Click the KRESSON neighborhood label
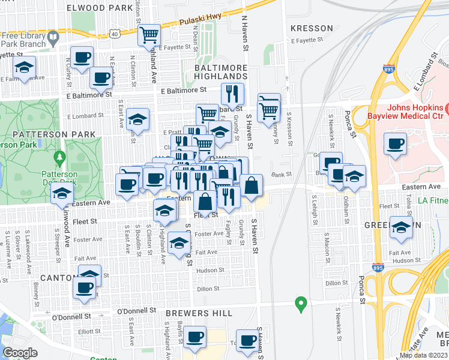tap(311, 28)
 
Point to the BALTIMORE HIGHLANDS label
tap(221, 73)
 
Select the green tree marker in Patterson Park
tap(59, 158)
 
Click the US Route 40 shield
tap(114, 34)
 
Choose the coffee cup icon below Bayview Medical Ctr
tap(396, 144)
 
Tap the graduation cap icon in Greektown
tap(402, 227)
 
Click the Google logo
tap(20, 353)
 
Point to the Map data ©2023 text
tap(423, 355)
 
